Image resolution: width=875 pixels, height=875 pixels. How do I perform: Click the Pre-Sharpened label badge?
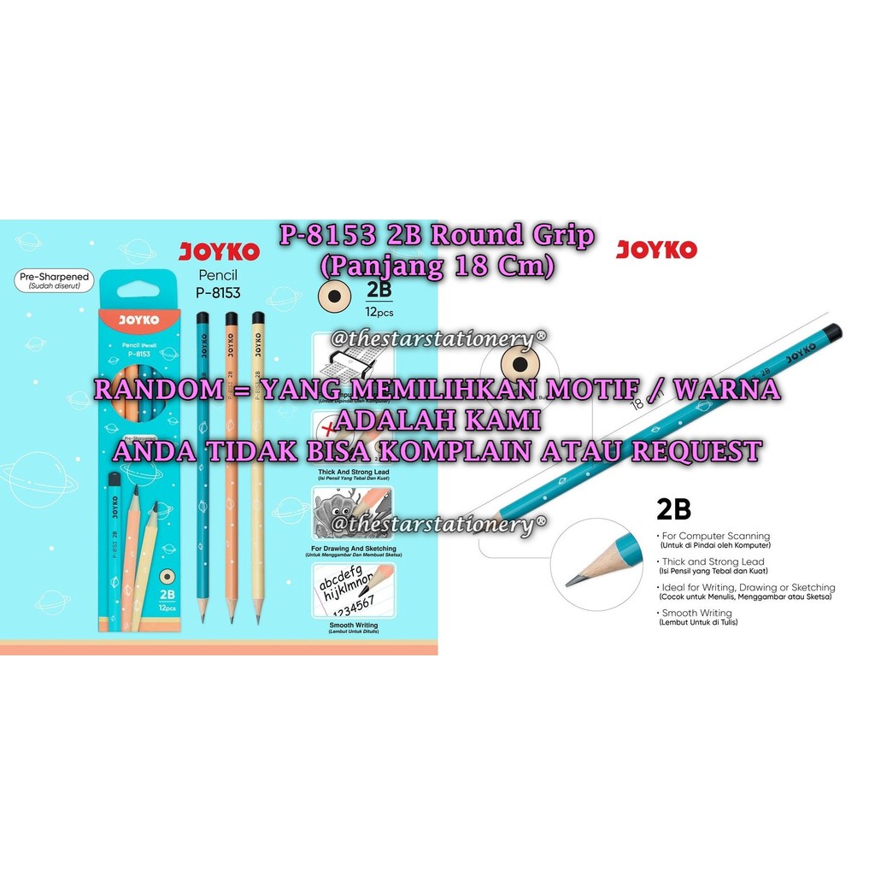54,281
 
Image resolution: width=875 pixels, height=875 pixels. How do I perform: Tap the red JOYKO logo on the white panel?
656,250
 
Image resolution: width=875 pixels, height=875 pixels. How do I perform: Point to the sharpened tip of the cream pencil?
257,618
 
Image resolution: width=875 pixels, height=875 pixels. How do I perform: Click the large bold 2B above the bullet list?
672,509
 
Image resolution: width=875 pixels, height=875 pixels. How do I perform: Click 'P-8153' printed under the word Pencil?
218,292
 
